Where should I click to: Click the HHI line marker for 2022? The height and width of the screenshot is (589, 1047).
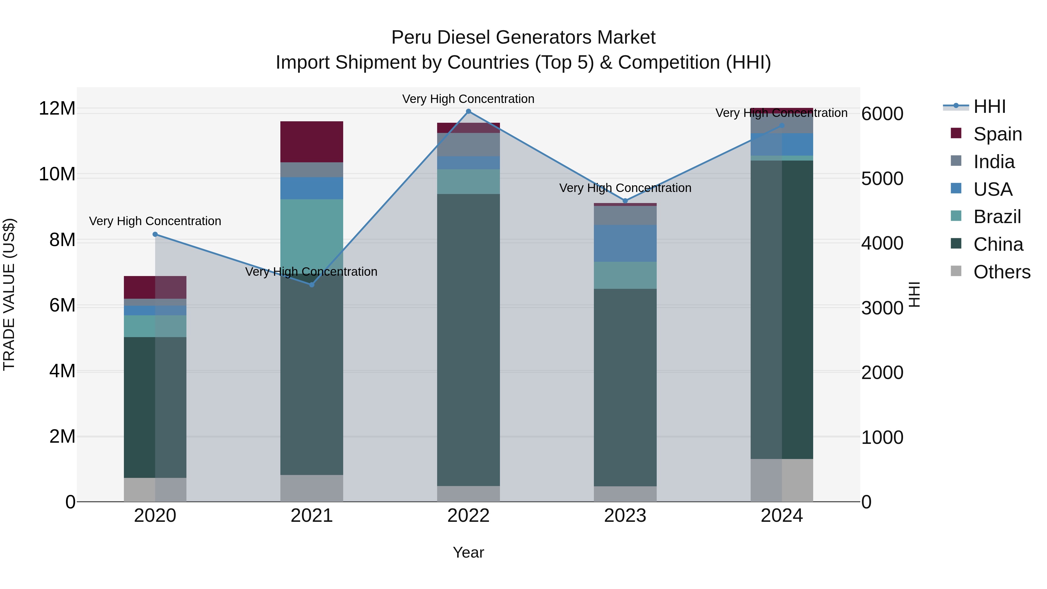pyautogui.click(x=468, y=111)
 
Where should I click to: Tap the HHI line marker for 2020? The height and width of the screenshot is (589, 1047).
pyautogui.click(x=155, y=234)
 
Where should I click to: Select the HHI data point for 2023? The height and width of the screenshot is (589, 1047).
pyautogui.click(x=625, y=201)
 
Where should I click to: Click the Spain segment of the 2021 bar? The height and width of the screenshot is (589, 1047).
pyautogui.click(x=312, y=142)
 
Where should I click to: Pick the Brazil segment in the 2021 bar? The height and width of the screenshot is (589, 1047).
pyautogui.click(x=312, y=232)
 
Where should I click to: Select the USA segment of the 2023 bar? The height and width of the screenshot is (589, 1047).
pyautogui.click(x=625, y=243)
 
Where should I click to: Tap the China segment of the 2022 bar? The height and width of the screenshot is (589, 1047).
pyautogui.click(x=468, y=339)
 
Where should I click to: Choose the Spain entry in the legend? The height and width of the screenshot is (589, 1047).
pyautogui.click(x=998, y=134)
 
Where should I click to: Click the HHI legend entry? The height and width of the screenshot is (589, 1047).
pyautogui.click(x=989, y=106)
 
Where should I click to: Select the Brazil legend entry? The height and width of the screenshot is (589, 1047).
pyautogui.click(x=997, y=217)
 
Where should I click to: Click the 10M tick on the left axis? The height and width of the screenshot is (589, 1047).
pyautogui.click(x=57, y=175)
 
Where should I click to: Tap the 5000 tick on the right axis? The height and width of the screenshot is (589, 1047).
pyautogui.click(x=882, y=179)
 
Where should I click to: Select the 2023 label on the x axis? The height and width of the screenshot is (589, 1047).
pyautogui.click(x=625, y=516)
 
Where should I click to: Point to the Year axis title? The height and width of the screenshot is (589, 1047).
pyautogui.click(x=468, y=552)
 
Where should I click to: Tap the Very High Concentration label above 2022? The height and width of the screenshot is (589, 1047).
pyautogui.click(x=468, y=99)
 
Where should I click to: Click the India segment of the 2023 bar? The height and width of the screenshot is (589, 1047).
pyautogui.click(x=625, y=216)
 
